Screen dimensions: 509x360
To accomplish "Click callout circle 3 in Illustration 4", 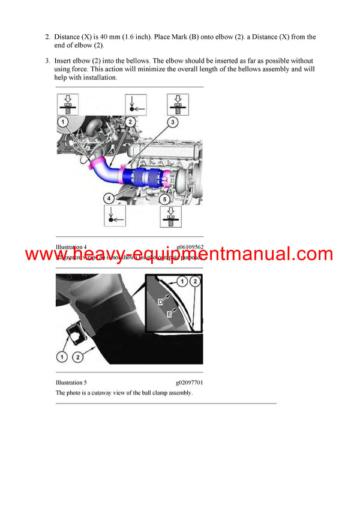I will (x=172, y=122).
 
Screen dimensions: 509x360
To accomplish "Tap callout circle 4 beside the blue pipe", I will (x=109, y=197).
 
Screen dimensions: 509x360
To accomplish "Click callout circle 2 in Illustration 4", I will (x=130, y=122).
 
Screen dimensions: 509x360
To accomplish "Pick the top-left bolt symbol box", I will (x=69, y=103).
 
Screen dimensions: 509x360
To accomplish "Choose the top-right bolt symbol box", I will (x=177, y=103).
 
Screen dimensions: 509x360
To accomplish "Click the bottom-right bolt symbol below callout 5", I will (x=170, y=216).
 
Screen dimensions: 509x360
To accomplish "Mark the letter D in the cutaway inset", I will (x=160, y=302).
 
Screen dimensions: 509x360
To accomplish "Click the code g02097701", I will (x=189, y=382).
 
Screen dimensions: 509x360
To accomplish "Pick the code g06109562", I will (x=190, y=247).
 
